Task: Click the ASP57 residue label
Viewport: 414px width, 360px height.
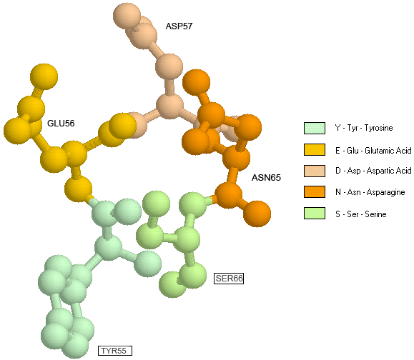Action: pos(179,26)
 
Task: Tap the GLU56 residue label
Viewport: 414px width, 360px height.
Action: pos(61,123)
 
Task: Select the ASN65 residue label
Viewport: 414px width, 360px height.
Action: pos(266,177)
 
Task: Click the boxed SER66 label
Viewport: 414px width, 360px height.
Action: pos(229,279)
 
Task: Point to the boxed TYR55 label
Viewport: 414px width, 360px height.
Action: pos(115,351)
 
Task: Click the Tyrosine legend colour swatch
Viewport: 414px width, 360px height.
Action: pos(315,128)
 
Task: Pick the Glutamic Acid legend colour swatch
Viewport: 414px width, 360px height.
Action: pos(315,149)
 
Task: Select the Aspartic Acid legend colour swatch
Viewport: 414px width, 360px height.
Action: pos(315,171)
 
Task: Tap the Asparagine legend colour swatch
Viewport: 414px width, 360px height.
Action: pos(315,191)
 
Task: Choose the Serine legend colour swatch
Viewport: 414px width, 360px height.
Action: pos(315,214)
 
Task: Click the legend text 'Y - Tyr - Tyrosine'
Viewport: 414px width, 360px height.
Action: pos(364,128)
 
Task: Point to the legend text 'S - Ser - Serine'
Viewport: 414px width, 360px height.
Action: pos(361,214)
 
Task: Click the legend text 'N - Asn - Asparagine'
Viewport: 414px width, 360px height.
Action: pos(370,192)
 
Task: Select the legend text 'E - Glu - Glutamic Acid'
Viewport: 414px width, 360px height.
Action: pos(373,151)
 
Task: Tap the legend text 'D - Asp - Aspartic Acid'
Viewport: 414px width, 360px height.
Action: pos(373,171)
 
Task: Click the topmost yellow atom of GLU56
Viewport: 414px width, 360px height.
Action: pos(44,76)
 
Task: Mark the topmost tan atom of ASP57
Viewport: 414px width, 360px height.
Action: pos(127,16)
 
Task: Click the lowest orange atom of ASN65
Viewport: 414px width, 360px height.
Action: pos(257,214)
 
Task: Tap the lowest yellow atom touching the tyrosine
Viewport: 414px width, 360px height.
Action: pos(79,189)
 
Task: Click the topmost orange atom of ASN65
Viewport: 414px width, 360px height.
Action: pos(196,83)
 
